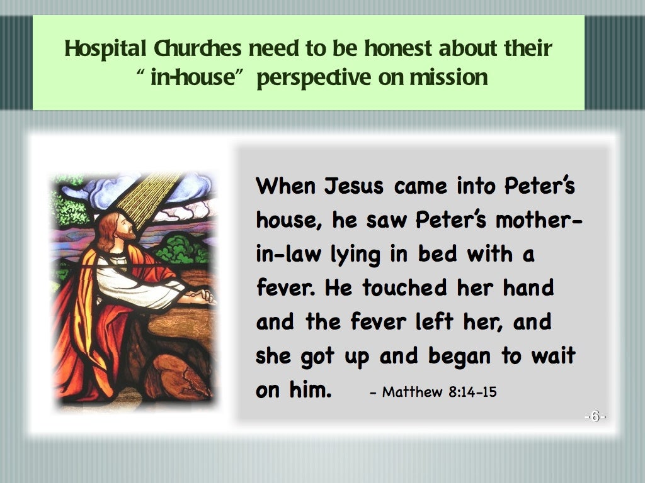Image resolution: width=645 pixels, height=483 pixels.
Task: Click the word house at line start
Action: [x=282, y=220]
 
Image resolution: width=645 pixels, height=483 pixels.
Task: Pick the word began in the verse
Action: [x=461, y=356]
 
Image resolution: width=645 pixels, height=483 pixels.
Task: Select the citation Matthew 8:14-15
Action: [x=433, y=392]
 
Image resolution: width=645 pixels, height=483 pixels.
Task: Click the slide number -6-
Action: [x=595, y=417]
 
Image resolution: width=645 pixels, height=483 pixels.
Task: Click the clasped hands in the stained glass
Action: [x=200, y=294]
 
